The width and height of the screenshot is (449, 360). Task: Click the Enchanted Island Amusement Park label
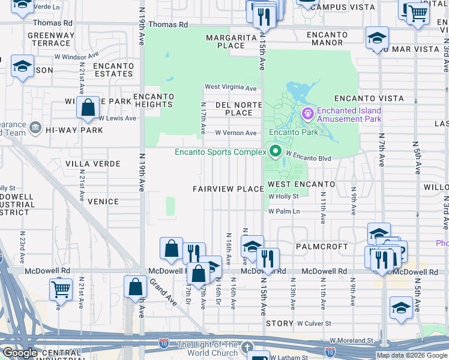point(349,115)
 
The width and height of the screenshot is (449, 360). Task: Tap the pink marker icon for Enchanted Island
point(308,113)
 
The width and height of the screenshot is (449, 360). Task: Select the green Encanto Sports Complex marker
point(276,151)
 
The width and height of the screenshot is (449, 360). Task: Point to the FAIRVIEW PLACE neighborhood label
point(228,189)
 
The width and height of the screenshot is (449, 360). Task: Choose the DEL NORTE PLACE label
point(238,108)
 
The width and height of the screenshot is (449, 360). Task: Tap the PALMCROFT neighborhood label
point(321,247)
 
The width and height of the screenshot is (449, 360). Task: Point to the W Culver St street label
point(316,323)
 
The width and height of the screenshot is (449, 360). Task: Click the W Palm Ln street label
point(284,211)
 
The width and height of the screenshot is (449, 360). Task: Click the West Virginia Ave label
point(231,88)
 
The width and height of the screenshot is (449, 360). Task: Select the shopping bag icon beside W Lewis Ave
point(88,108)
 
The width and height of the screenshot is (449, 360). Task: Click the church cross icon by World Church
point(247,348)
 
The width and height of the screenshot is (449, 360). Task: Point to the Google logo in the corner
point(20,353)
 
